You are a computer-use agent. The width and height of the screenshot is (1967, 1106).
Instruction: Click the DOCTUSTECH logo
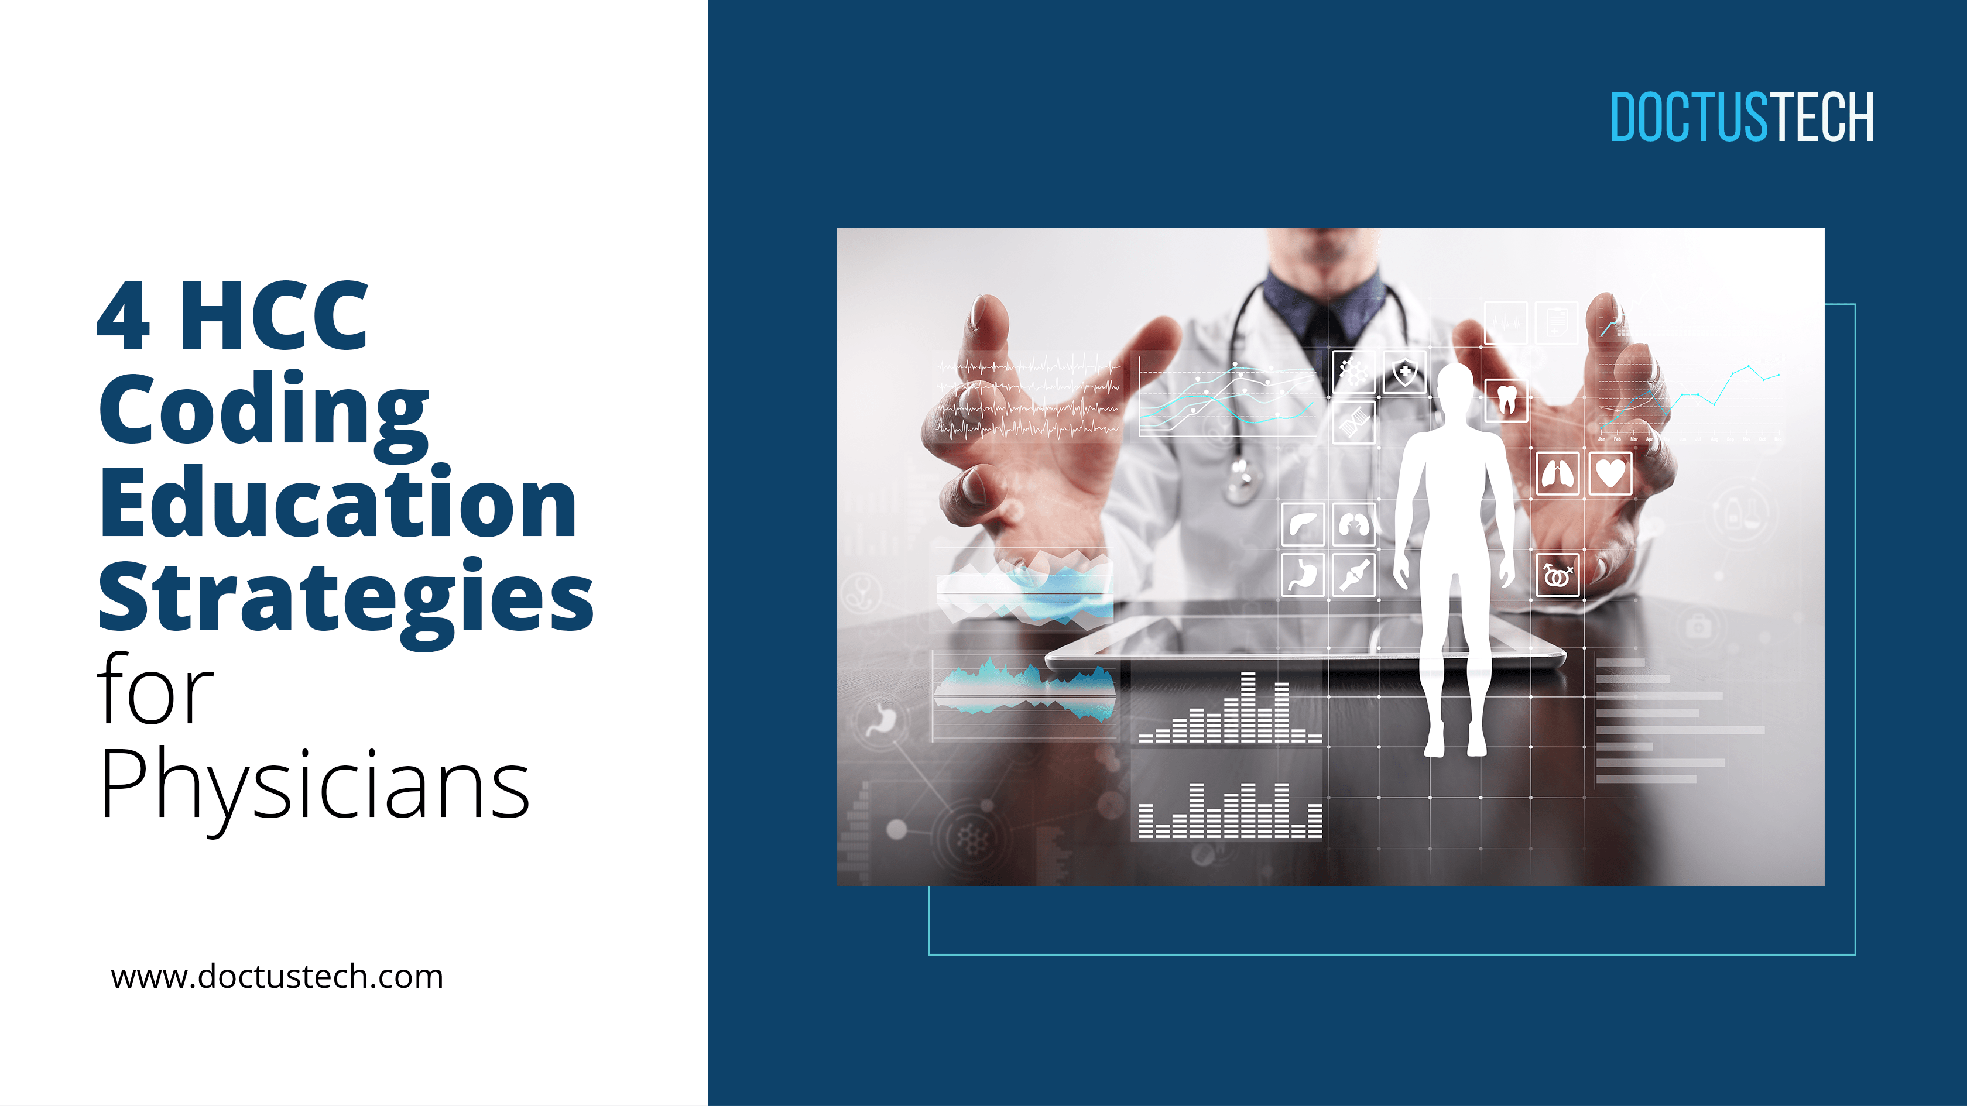(1741, 117)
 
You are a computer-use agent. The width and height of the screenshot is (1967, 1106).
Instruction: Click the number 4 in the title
(123, 315)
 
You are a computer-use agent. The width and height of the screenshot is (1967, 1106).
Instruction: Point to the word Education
(338, 504)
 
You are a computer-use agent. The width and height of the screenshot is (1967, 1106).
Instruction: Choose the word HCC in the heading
(273, 315)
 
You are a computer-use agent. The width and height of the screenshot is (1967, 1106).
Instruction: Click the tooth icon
(1506, 400)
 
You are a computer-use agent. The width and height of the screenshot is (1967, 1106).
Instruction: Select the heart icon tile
(1610, 473)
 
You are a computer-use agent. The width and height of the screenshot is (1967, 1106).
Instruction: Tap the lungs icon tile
(1558, 473)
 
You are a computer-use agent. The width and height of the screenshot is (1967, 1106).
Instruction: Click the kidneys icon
(1354, 525)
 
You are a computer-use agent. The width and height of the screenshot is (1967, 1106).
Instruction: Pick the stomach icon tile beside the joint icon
(1303, 575)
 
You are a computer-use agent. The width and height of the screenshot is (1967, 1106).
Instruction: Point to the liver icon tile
(1303, 525)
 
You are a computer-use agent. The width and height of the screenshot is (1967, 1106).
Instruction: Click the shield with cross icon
(1404, 373)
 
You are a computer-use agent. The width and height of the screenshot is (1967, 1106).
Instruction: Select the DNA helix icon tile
(1354, 421)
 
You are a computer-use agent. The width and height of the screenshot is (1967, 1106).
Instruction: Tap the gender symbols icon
(1557, 575)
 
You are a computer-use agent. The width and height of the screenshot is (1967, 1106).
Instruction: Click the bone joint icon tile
(1354, 575)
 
